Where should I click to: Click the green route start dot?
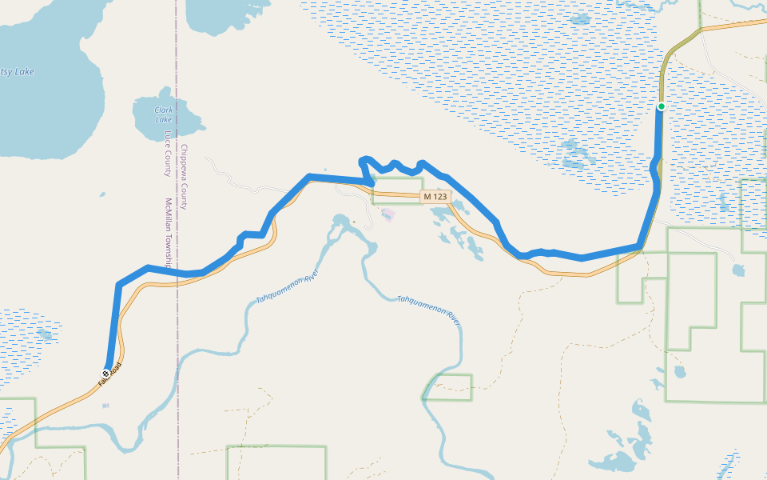pos(662,106)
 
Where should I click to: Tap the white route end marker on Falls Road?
pos(105,374)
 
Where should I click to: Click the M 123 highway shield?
pos(436,197)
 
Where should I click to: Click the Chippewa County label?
pos(184,177)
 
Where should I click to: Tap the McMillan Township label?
pos(169,232)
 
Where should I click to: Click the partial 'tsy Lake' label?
pos(17,72)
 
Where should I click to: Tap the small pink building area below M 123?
pos(388,214)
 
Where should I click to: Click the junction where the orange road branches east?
pos(701,30)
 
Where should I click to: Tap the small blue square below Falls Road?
pos(105,406)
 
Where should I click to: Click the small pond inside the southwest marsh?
pos(44,334)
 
